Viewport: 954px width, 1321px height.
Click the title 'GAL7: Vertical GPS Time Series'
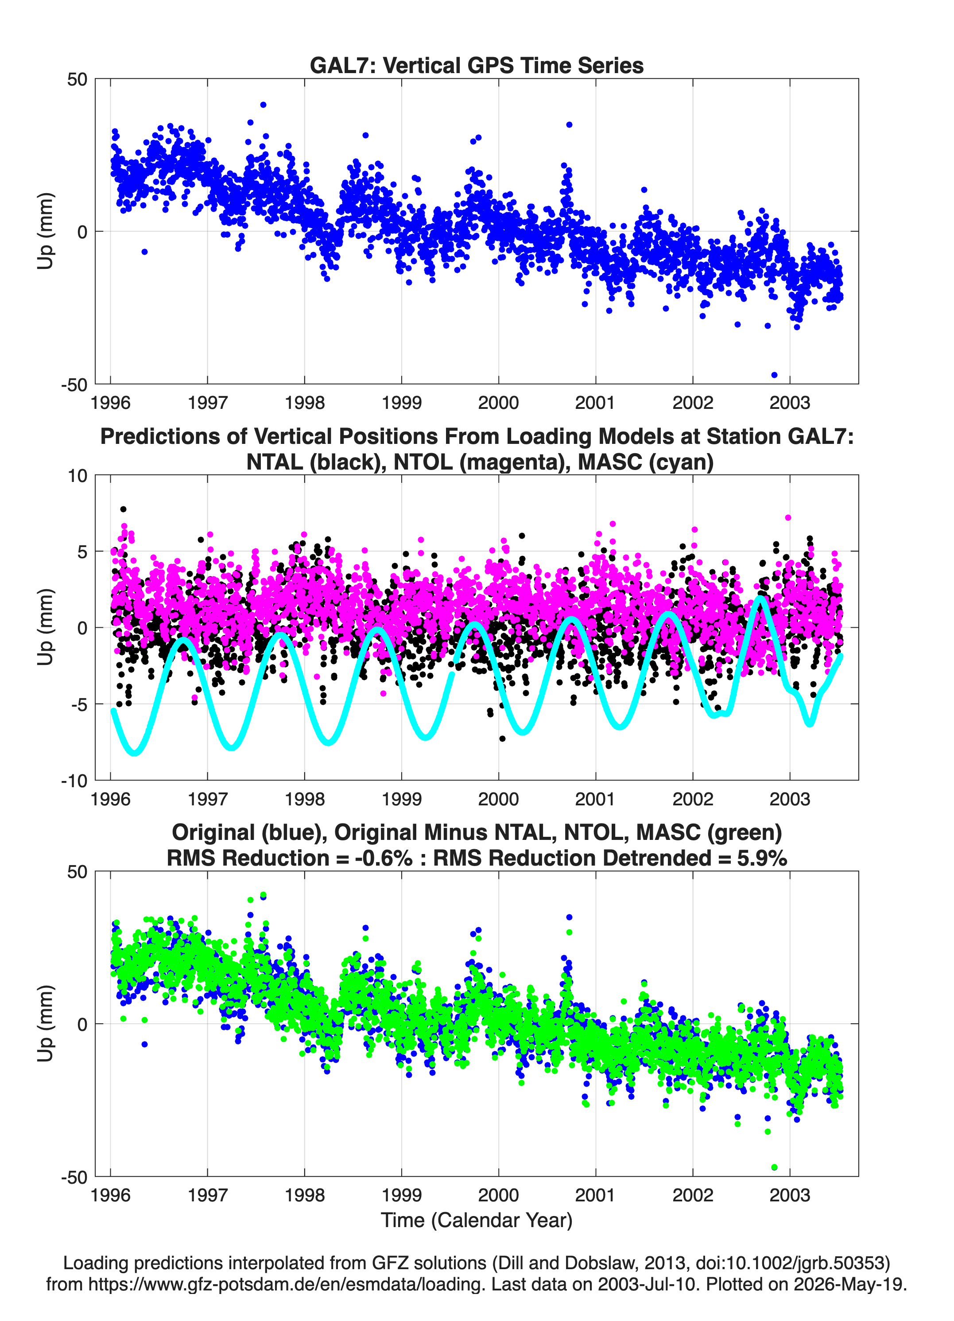[x=477, y=65]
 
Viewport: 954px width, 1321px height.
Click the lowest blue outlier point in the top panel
[x=774, y=374]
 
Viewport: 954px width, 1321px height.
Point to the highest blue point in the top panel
[x=263, y=105]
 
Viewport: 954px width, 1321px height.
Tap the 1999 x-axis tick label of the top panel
[x=401, y=403]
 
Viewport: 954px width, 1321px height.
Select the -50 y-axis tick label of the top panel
[x=74, y=385]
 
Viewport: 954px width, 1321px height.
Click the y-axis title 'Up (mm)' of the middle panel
[x=46, y=627]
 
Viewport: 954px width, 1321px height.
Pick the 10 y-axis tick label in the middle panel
[x=78, y=476]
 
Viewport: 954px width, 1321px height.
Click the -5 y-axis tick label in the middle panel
[x=79, y=705]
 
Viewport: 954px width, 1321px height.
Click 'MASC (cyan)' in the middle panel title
[x=645, y=462]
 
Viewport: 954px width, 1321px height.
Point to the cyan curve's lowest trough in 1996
[x=135, y=752]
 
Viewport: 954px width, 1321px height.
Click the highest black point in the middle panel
[x=123, y=509]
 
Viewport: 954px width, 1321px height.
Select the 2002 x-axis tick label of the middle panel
[x=693, y=799]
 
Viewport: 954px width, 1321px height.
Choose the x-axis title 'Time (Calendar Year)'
[x=477, y=1220]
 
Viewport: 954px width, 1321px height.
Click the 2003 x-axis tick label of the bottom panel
[x=790, y=1195]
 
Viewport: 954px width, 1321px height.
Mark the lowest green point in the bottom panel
[x=774, y=1167]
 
